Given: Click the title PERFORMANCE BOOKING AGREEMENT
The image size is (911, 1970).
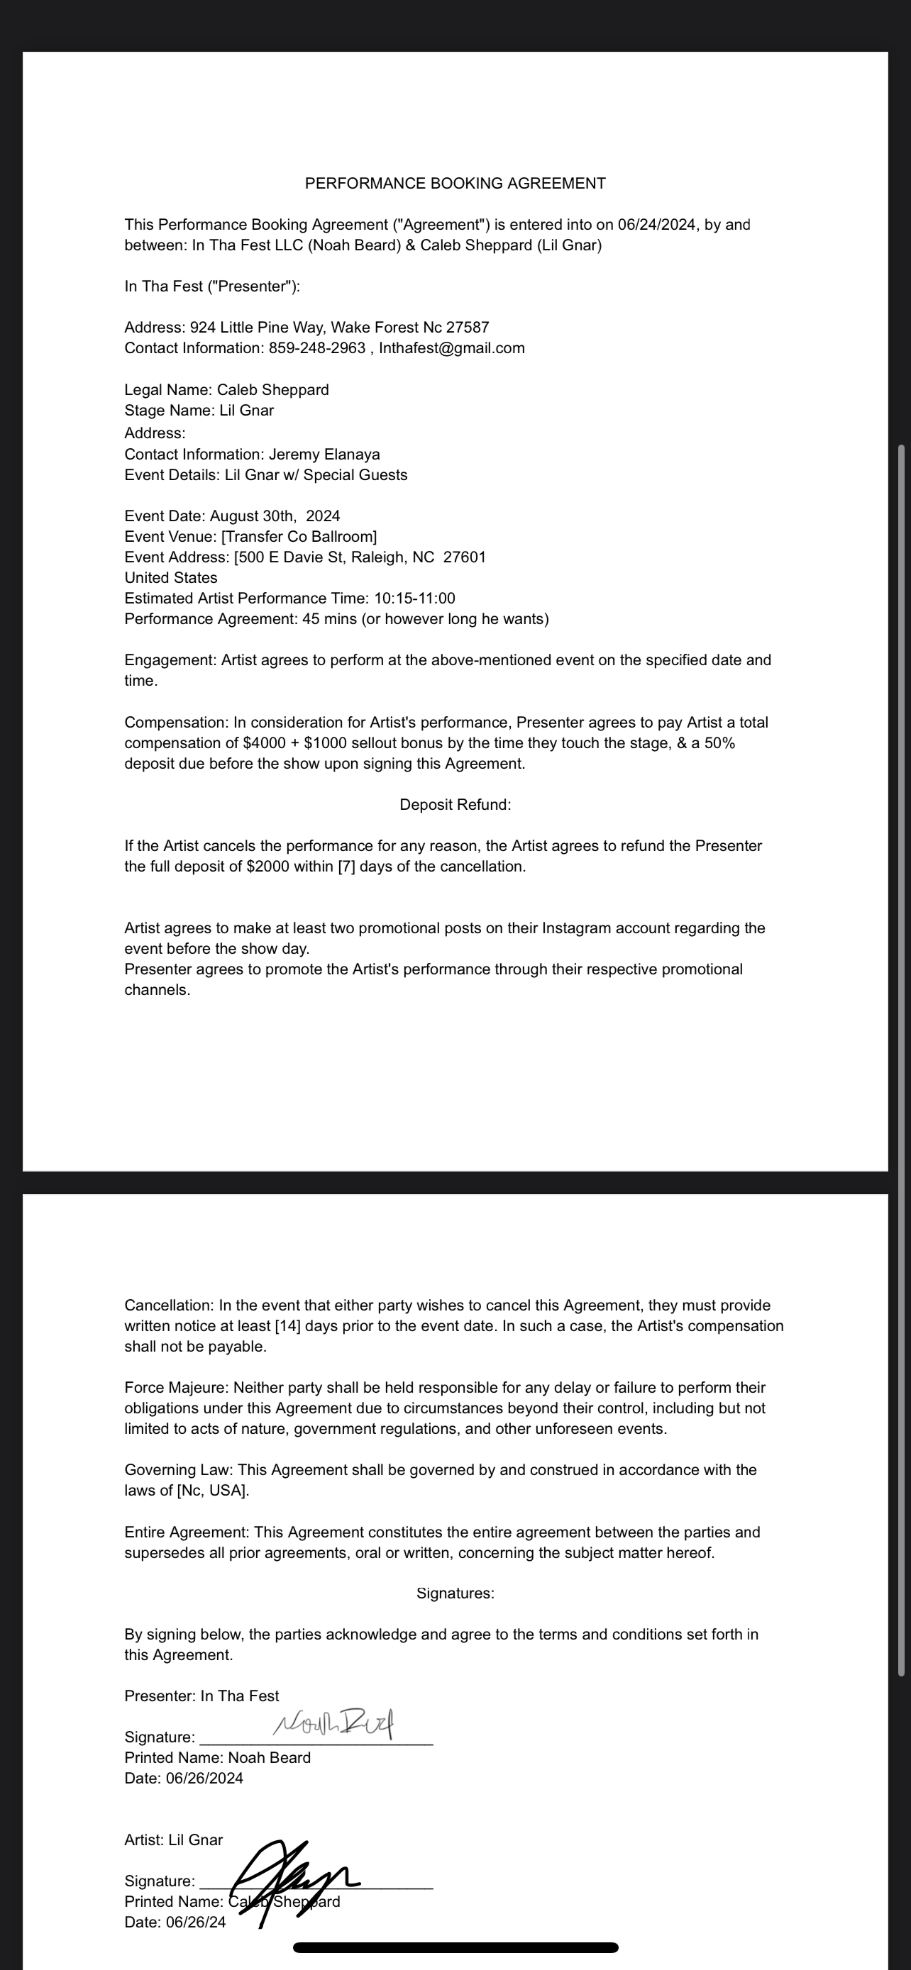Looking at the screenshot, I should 455,184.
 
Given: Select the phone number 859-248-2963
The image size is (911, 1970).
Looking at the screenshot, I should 316,348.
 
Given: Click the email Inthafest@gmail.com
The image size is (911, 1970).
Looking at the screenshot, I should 451,348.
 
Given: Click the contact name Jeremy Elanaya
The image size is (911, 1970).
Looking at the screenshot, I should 324,455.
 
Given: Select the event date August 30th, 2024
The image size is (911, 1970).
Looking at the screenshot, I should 275,516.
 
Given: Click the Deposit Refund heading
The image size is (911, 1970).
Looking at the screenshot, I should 455,804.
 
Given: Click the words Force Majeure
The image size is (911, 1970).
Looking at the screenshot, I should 176,1387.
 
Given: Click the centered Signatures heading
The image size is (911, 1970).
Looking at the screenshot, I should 455,1593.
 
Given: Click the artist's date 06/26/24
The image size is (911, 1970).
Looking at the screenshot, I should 195,1922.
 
